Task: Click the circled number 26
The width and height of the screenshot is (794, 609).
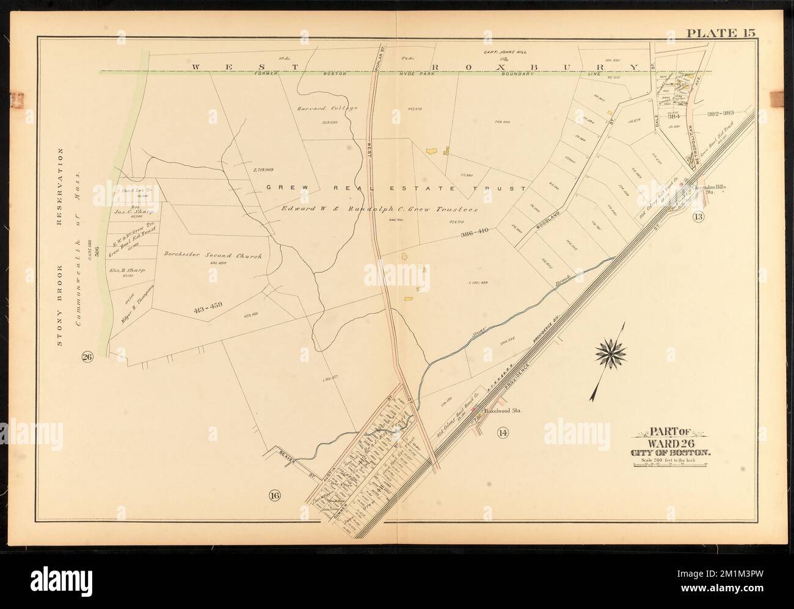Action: click(x=87, y=358)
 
